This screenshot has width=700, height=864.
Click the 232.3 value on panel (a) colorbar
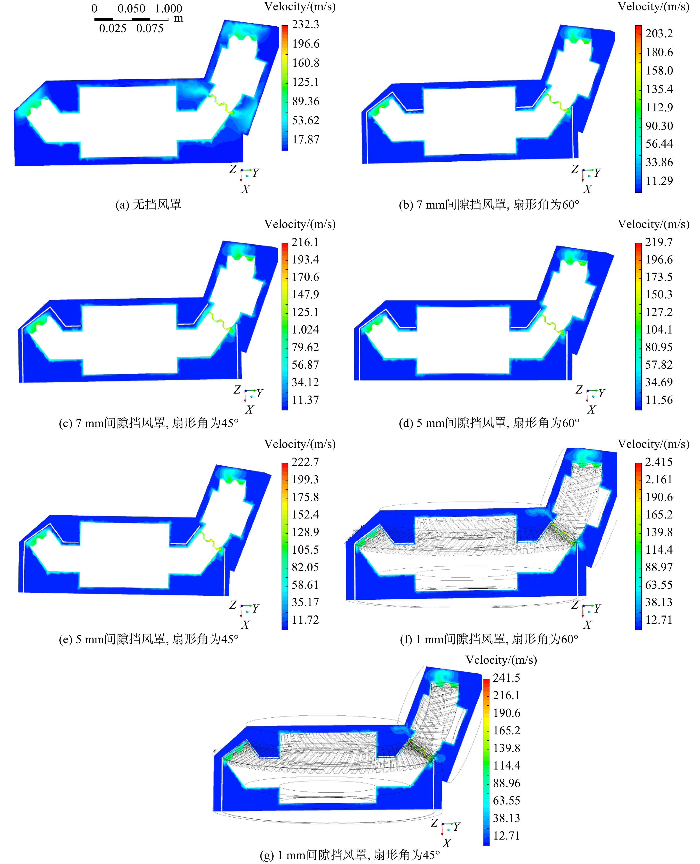coord(305,25)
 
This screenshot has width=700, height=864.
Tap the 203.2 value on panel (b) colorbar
coord(659,34)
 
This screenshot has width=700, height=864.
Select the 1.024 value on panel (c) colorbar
coord(305,330)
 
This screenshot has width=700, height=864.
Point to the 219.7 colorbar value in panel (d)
coord(659,242)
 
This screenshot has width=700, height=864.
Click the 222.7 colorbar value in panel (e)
coord(305,462)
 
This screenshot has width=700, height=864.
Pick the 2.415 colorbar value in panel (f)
coord(659,462)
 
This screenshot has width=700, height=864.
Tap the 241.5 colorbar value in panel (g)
coord(506,678)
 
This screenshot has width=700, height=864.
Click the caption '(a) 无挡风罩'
coord(148,205)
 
